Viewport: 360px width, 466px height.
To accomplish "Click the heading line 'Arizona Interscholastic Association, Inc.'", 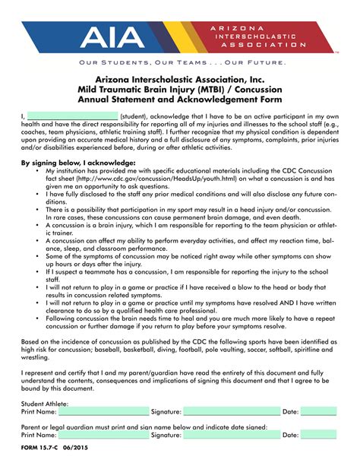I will (180, 79).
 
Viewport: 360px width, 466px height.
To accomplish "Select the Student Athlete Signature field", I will (232, 411).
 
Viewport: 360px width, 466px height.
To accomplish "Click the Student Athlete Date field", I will (318, 411).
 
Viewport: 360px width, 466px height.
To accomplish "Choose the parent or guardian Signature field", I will (232, 436).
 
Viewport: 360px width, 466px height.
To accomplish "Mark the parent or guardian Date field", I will (318, 436).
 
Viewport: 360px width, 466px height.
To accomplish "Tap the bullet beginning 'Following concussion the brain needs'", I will (190, 319).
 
